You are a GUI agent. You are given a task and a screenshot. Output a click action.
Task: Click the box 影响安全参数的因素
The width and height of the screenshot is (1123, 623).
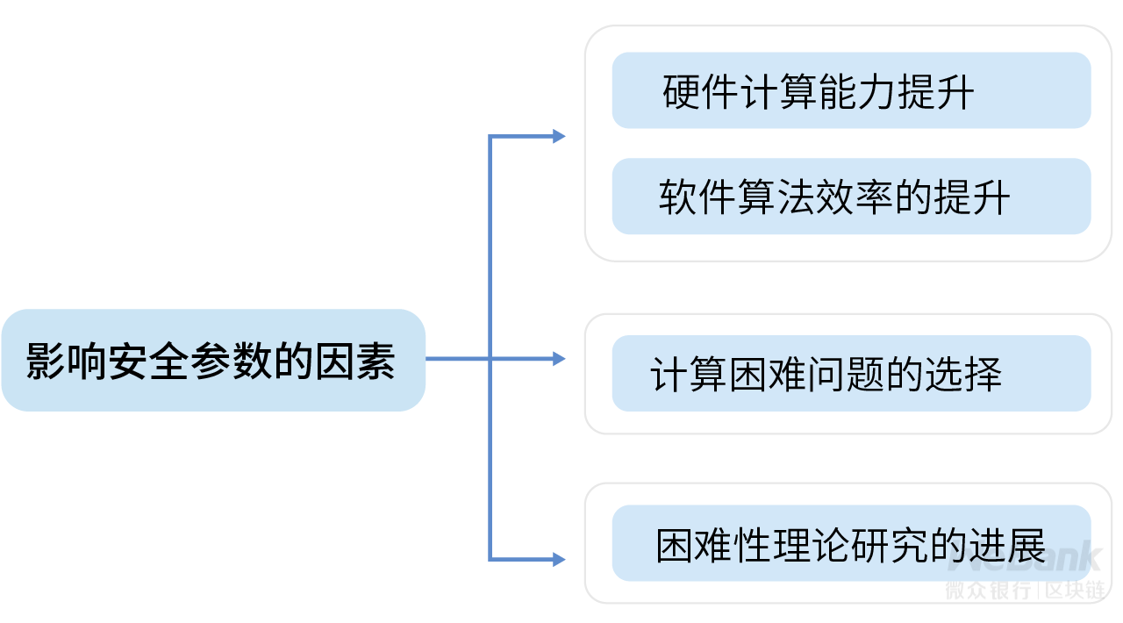pyautogui.click(x=213, y=360)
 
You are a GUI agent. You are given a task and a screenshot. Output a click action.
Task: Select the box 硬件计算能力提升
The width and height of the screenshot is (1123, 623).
pyautogui.click(x=850, y=90)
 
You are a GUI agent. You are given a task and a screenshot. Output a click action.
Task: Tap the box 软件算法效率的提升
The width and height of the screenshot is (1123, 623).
pyautogui.click(x=850, y=197)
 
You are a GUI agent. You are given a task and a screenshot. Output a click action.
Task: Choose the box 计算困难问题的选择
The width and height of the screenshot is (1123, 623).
pyautogui.click(x=850, y=374)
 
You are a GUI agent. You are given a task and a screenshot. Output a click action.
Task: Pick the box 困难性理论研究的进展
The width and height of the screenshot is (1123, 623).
pyautogui.click(x=850, y=544)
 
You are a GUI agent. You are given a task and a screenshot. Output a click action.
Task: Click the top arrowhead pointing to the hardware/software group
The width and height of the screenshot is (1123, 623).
pyautogui.click(x=559, y=136)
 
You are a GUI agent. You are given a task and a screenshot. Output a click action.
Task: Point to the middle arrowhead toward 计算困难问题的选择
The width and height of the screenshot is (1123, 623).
pyautogui.click(x=559, y=358)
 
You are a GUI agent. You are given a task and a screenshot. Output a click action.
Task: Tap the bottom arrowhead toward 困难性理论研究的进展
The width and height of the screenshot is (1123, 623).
pyautogui.click(x=559, y=559)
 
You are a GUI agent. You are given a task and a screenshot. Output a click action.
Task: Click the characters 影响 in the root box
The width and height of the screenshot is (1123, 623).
pyautogui.click(x=67, y=361)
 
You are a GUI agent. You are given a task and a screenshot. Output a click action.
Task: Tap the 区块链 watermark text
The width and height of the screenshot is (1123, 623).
pyautogui.click(x=1075, y=591)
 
